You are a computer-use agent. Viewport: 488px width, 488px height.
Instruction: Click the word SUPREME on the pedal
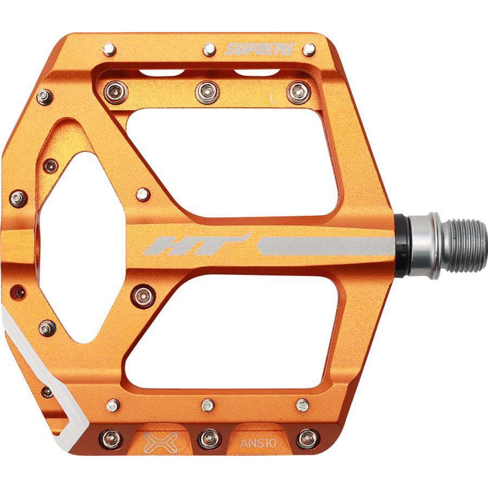tap(260, 50)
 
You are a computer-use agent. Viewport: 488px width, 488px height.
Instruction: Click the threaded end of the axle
tap(464, 246)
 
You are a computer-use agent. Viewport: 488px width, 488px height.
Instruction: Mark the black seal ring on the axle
tap(401, 246)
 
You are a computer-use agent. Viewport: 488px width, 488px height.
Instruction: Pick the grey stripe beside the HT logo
tap(325, 246)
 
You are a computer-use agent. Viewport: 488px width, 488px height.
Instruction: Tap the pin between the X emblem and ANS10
tap(209, 438)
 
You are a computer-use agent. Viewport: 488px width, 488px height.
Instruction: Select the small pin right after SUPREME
tap(309, 50)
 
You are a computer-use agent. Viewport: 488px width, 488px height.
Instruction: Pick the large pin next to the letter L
tap(299, 92)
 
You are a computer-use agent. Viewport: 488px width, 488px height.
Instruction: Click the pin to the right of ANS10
tap(308, 438)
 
